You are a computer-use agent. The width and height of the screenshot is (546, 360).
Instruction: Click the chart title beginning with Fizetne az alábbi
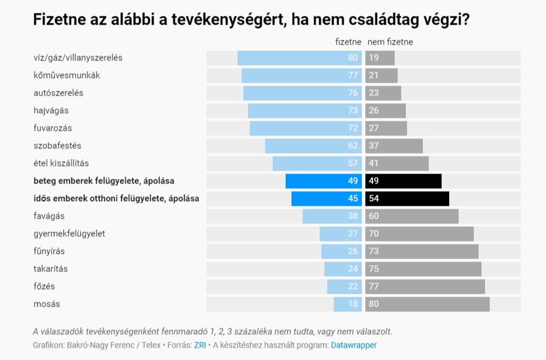tap(251, 20)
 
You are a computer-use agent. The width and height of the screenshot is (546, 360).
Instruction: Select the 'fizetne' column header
tap(348, 42)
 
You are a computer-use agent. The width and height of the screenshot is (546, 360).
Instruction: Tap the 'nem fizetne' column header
tap(390, 42)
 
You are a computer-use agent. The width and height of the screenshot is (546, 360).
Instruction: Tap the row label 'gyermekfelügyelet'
tap(69, 234)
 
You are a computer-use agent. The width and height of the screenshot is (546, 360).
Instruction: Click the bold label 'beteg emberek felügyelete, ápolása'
tap(104, 181)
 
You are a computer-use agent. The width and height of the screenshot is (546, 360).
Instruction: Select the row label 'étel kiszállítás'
tap(61, 164)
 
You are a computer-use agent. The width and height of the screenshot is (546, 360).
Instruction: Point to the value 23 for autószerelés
tap(374, 93)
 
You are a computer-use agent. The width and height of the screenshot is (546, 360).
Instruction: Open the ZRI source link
tap(200, 345)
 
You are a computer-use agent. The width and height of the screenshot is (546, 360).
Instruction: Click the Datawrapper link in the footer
tap(354, 345)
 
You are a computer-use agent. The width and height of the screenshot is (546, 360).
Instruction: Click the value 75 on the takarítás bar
tap(374, 269)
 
